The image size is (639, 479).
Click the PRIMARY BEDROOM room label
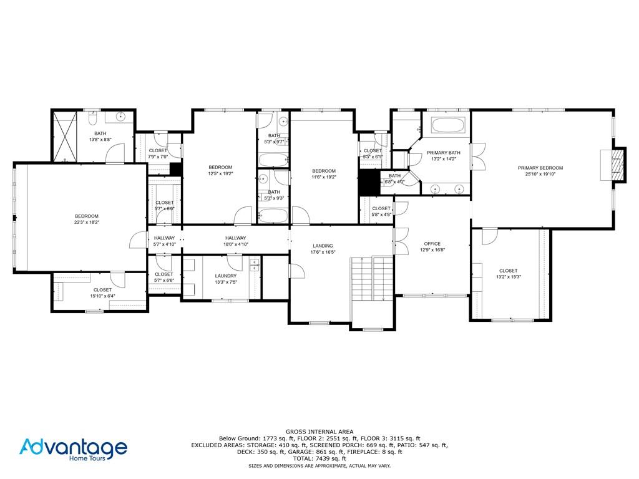click(540, 168)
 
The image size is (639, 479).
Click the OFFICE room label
click(432, 244)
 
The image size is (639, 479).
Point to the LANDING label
click(323, 246)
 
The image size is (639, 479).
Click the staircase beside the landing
click(372, 278)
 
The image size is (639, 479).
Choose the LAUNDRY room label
click(225, 276)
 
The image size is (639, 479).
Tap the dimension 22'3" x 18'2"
click(87, 222)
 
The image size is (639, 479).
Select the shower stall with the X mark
click(64, 135)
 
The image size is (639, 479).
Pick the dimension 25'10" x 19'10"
click(540, 175)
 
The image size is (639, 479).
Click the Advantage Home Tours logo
click(74, 449)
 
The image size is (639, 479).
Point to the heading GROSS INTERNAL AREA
click(319, 432)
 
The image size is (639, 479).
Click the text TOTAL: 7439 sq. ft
click(319, 458)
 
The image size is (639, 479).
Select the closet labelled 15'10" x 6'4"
click(102, 290)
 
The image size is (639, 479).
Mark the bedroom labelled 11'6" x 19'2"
click(324, 174)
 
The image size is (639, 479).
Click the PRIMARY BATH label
click(443, 153)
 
